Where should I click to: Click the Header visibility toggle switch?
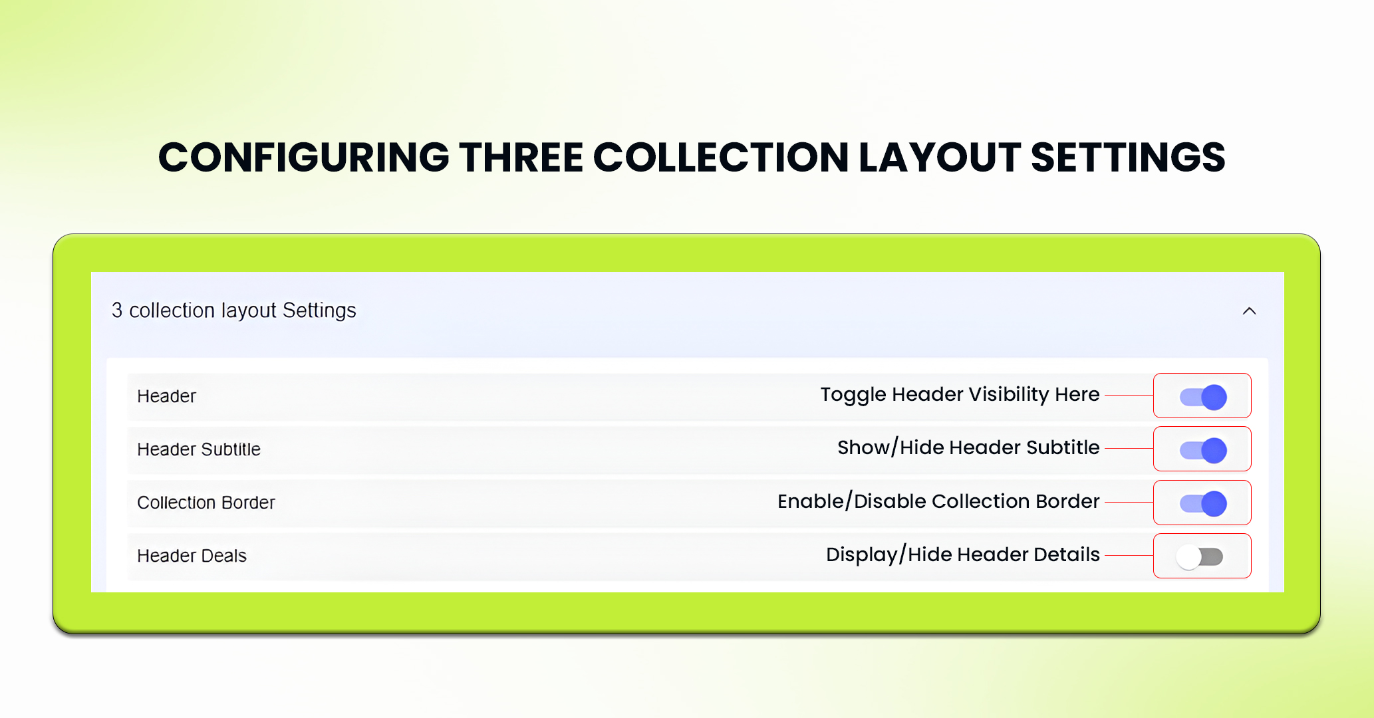[1203, 397]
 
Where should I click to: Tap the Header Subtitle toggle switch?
[1203, 450]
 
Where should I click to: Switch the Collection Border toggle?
[1203, 503]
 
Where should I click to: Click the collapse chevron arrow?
[1249, 311]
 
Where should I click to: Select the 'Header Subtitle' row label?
[198, 449]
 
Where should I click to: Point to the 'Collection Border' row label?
[206, 503]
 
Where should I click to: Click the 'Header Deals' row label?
[192, 556]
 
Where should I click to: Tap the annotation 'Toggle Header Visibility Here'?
[959, 395]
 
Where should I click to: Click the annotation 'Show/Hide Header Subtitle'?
[968, 448]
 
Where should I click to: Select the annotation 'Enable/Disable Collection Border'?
[938, 501]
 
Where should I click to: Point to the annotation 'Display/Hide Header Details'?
[962, 554]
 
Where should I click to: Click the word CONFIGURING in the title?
[303, 158]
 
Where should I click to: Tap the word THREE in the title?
[520, 158]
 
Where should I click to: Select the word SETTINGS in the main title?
[1127, 158]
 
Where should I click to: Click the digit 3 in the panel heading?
[117, 310]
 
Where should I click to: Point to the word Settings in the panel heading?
[319, 310]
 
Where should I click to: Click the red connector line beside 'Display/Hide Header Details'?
[1128, 555]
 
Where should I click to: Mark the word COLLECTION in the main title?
[720, 158]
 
